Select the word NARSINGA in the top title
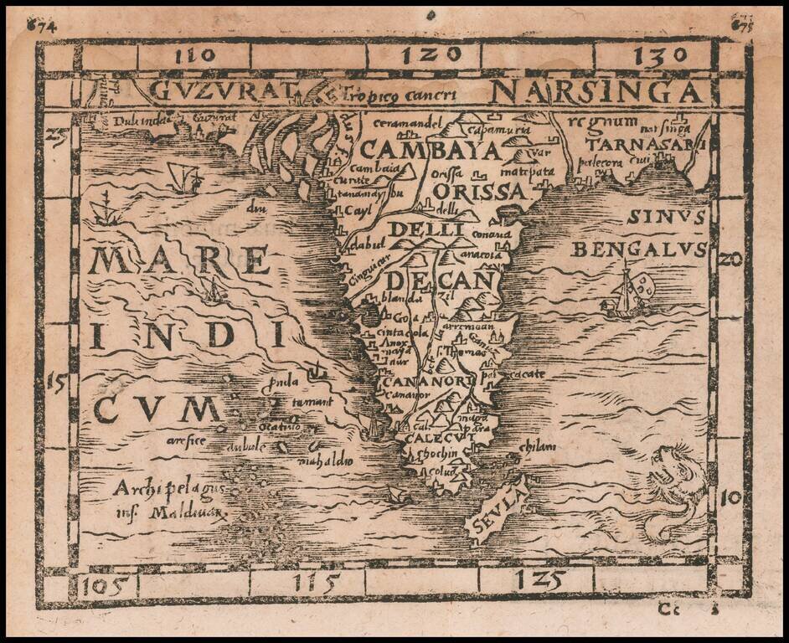click(596, 90)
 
